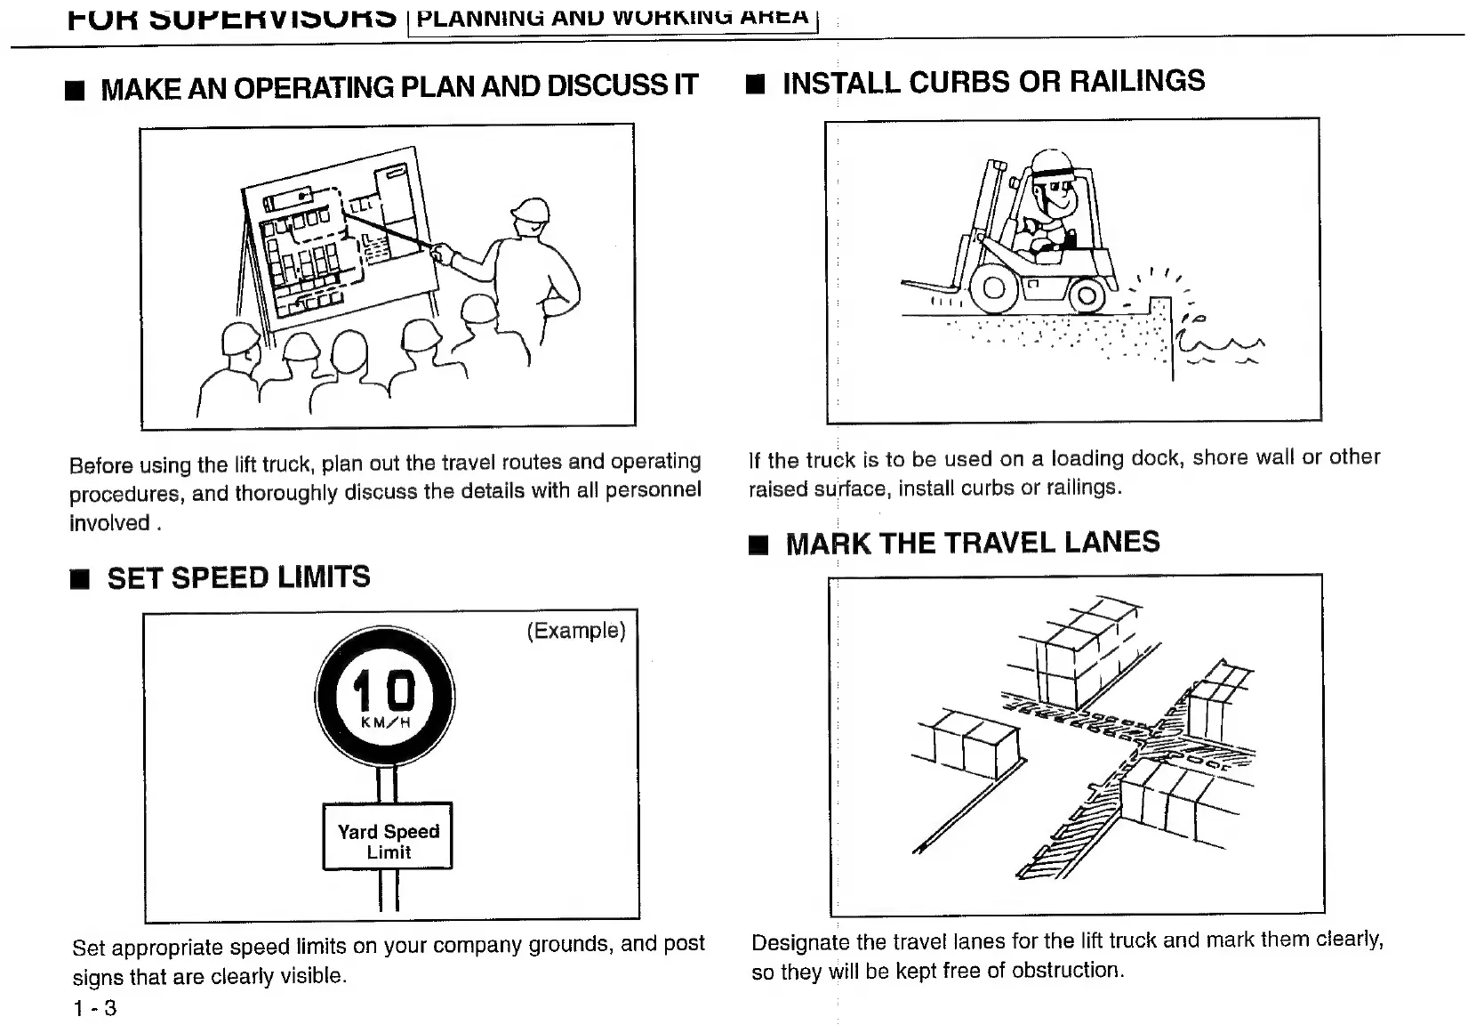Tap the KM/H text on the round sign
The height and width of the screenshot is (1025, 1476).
[x=385, y=722]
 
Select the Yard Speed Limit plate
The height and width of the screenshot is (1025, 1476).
[x=388, y=836]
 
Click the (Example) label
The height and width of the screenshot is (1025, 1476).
[x=576, y=631]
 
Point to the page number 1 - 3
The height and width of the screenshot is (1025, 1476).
[x=95, y=1008]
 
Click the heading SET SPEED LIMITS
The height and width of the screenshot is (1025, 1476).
[x=238, y=577]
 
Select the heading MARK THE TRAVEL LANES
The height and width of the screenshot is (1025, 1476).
[x=972, y=543]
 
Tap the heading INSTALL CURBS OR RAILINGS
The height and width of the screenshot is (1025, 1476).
[x=993, y=82]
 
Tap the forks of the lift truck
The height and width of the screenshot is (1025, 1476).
[x=929, y=287]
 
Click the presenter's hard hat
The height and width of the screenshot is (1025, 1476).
[x=531, y=210]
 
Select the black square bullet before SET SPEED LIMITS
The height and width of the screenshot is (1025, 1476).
[x=81, y=581]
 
